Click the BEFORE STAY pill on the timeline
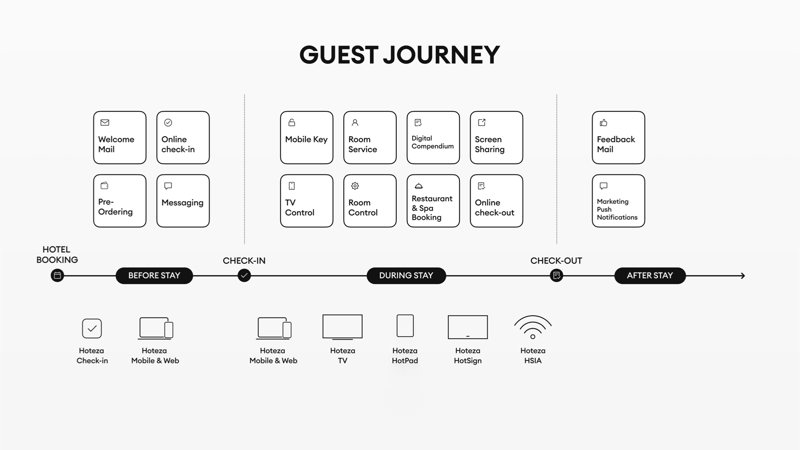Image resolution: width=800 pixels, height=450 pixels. click(154, 276)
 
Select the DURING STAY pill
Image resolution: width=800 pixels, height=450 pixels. click(406, 276)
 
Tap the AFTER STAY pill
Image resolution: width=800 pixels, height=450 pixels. click(649, 276)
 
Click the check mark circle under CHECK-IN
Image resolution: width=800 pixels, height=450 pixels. click(244, 276)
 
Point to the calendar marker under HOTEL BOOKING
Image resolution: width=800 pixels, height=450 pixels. click(57, 276)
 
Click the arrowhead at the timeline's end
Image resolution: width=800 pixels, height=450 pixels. click(742, 276)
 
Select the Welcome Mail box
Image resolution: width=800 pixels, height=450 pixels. click(120, 138)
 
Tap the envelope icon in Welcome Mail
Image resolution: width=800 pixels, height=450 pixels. click(105, 122)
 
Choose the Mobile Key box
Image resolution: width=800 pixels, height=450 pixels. click(307, 138)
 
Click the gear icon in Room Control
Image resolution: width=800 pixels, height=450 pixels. click(355, 186)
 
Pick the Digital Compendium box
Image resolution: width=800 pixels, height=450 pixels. click(433, 138)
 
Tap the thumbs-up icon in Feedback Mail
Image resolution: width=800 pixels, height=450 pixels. click(603, 122)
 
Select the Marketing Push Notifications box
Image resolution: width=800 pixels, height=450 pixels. click(618, 201)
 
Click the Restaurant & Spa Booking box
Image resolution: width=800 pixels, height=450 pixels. click(433, 201)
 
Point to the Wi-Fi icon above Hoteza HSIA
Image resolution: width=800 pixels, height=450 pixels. click(533, 327)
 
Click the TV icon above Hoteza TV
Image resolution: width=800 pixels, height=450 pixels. click(343, 327)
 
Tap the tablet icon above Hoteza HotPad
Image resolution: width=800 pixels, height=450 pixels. click(405, 326)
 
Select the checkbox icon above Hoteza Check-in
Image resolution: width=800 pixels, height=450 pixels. click(92, 328)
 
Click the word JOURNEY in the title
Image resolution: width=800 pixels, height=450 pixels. click(441, 55)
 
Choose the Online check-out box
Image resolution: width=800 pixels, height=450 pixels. click(496, 201)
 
